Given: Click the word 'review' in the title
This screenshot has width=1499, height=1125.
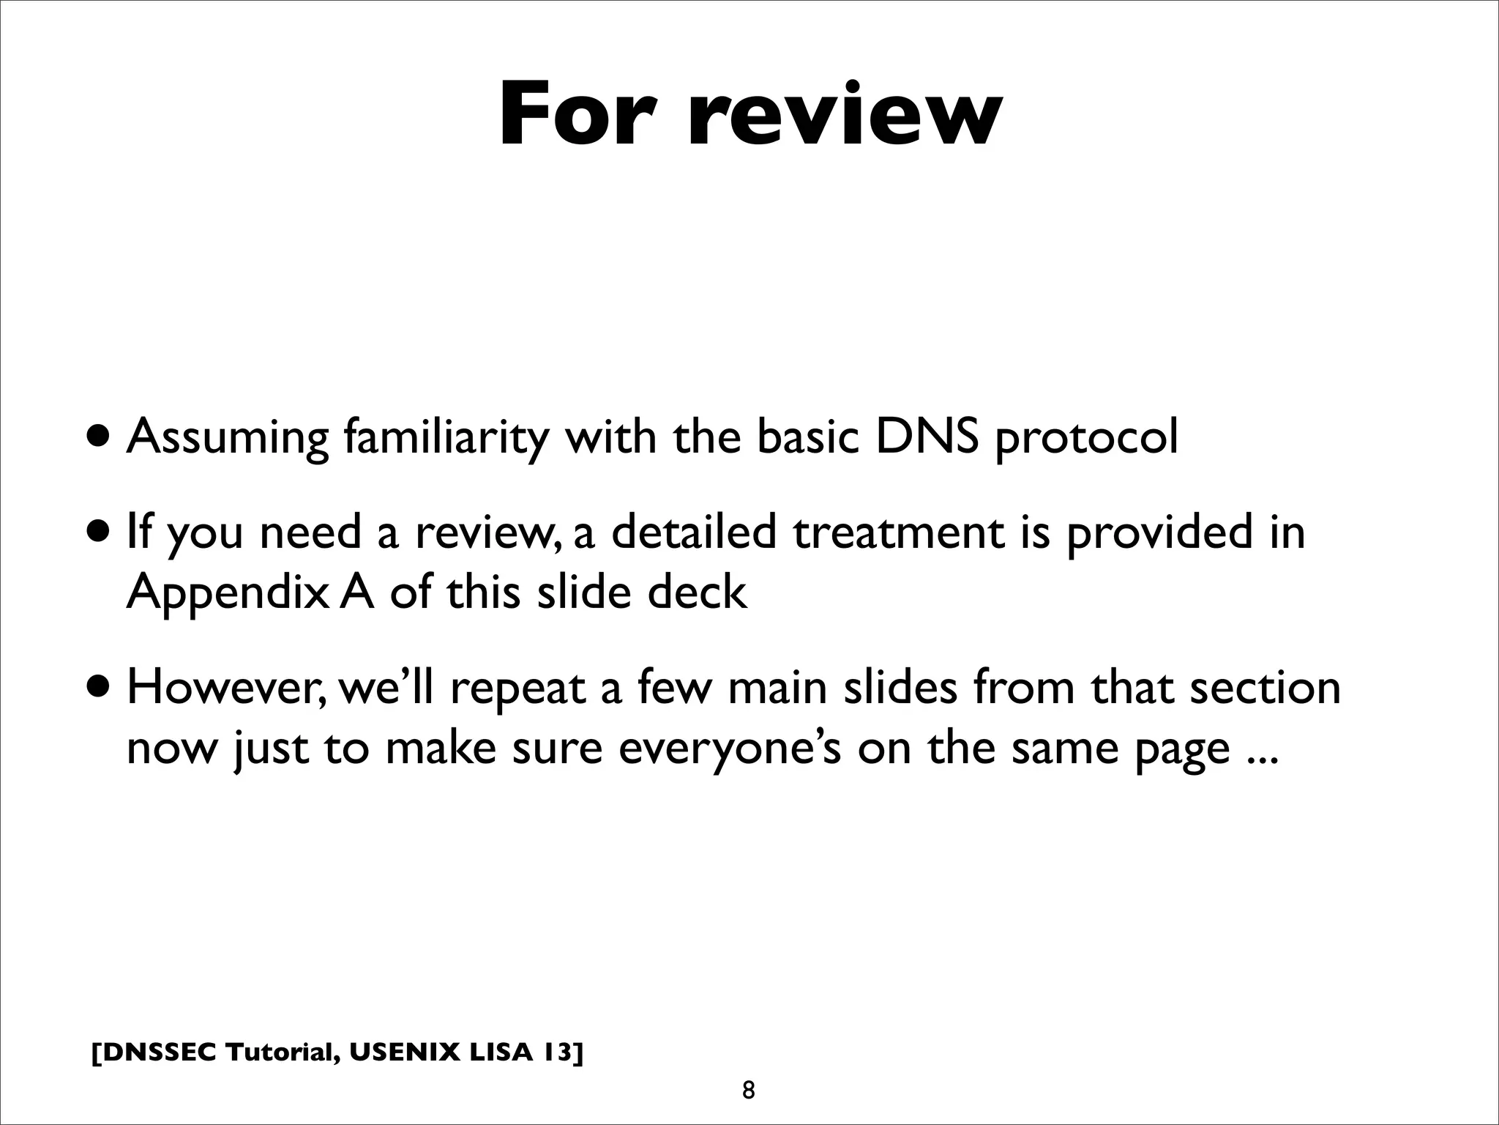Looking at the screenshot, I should click(x=842, y=114).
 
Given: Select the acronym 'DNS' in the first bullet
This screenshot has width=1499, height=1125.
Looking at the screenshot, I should click(x=927, y=437).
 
